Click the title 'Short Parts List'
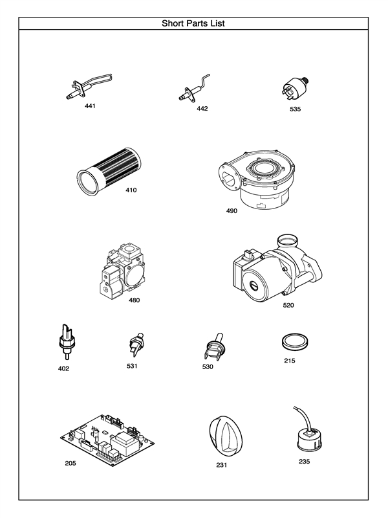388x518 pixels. coord(193,23)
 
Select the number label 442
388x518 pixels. coord(202,108)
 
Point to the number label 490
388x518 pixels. coord(232,210)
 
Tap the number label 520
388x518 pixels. coord(288,304)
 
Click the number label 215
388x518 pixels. coord(289,361)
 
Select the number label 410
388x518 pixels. coord(131,190)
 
